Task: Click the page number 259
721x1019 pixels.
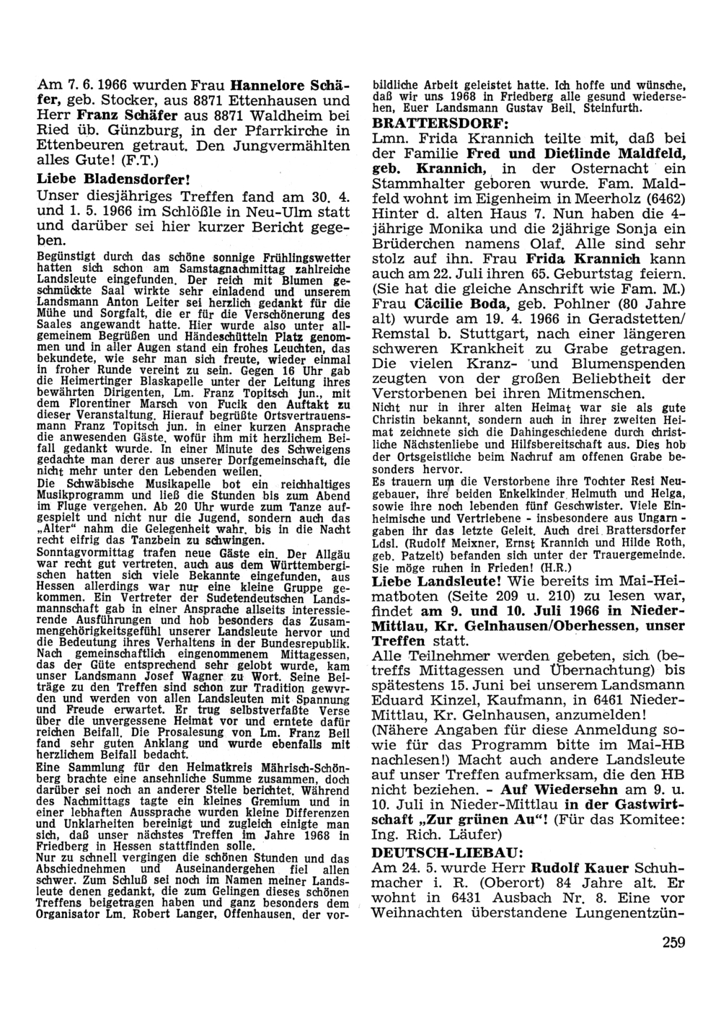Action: coord(671,941)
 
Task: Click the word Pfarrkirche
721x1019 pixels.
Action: coord(278,131)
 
